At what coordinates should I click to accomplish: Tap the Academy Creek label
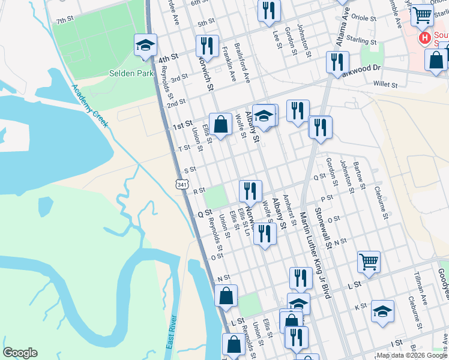coord(89,106)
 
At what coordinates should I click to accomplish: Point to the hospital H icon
coord(426,39)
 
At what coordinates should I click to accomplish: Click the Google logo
coord(20,353)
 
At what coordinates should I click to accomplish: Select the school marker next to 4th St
coord(145,46)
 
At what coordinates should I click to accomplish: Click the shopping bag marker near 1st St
coord(221,125)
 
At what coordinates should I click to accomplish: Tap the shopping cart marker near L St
coord(369,262)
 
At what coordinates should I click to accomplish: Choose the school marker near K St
coord(382,311)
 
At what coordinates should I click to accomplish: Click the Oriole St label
coord(363,19)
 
